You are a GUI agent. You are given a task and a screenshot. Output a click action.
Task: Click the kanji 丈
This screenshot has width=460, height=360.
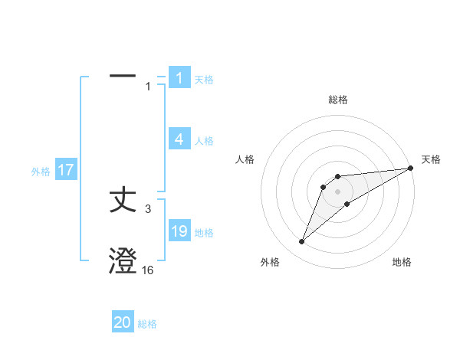tap(123, 201)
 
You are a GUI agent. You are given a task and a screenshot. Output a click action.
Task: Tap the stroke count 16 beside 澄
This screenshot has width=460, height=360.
tap(147, 270)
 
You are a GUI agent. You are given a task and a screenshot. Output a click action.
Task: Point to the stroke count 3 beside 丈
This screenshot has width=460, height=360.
tap(148, 208)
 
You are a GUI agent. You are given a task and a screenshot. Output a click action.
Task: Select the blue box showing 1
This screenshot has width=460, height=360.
tap(179, 78)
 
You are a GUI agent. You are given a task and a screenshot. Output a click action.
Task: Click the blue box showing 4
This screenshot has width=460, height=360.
tap(179, 139)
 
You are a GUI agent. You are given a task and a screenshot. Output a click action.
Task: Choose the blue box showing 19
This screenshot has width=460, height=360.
tap(179, 231)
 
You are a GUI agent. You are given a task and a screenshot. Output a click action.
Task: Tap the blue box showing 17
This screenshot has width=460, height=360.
tap(66, 170)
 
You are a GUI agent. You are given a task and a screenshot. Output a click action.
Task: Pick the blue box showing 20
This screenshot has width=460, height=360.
tap(123, 322)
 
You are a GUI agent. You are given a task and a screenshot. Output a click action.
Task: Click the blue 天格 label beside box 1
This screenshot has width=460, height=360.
tap(204, 80)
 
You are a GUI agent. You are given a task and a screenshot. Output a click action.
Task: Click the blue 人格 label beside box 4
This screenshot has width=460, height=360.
tap(204, 141)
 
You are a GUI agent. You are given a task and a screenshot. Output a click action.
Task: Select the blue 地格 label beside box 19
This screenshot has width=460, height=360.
tap(204, 233)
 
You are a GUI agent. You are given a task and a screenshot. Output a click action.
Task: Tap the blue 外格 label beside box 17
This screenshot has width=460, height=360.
tap(41, 172)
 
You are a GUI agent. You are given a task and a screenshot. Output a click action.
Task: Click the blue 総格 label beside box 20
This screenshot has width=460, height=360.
tap(147, 324)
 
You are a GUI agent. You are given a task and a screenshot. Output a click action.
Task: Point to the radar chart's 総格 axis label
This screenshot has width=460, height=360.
tap(338, 100)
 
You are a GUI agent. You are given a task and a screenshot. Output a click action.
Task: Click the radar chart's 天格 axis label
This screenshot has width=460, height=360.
tap(431, 159)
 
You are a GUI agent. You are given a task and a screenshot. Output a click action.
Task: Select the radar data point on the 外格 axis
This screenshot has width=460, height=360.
tap(302, 241)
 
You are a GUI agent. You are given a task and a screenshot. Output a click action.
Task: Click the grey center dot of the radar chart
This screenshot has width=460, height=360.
tap(338, 191)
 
